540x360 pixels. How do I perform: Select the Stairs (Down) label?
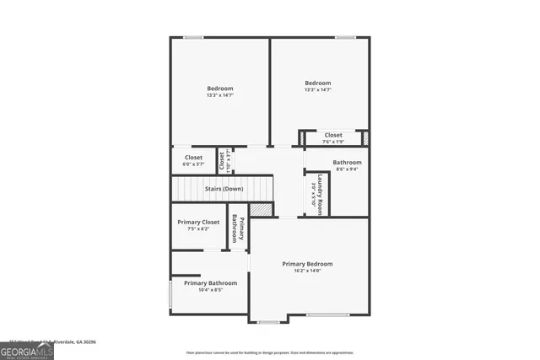[224, 189]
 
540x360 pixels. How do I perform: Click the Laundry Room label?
[321, 195]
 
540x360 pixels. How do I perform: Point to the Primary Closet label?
[198, 222]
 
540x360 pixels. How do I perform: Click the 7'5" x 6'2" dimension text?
[198, 228]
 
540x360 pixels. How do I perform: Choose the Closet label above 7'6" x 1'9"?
[333, 135]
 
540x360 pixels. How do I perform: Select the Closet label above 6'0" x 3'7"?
[193, 157]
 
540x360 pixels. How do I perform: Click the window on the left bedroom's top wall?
[193, 37]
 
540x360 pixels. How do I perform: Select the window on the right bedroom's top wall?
[344, 37]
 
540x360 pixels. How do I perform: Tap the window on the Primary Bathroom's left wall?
[170, 294]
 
